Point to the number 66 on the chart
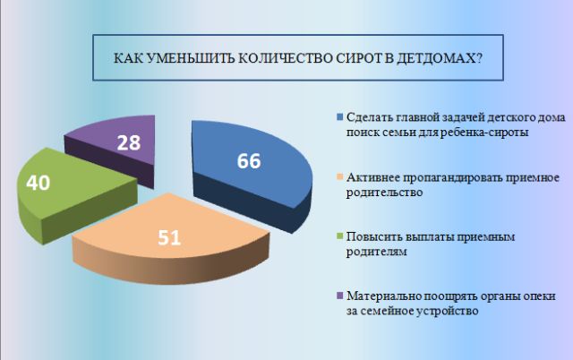pyautogui.click(x=249, y=161)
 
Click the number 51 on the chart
pyautogui.click(x=169, y=237)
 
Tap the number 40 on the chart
pyautogui.click(x=38, y=183)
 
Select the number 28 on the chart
pyautogui.click(x=129, y=142)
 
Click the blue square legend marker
pyautogui.click(x=340, y=117)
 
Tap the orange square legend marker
pyautogui.click(x=340, y=177)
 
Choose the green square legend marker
pyautogui.click(x=340, y=236)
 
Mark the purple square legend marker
pyautogui.click(x=340, y=296)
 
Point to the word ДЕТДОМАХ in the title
pyautogui.click(x=440, y=59)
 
